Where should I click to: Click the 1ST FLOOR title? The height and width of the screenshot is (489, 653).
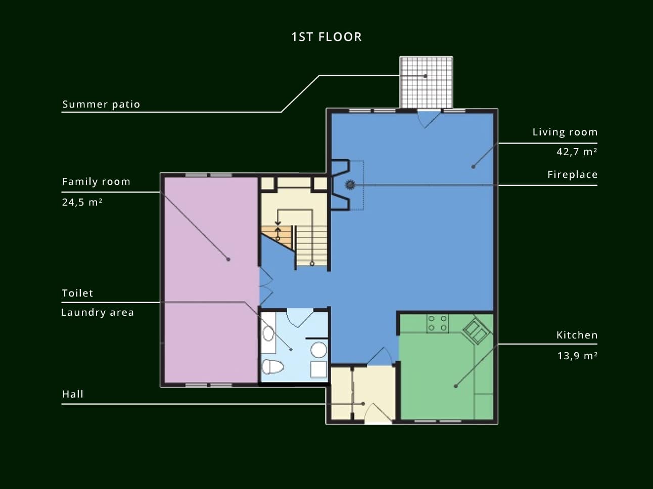click(326, 37)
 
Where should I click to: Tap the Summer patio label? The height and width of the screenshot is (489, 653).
click(101, 105)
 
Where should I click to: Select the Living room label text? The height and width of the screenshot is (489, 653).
click(565, 132)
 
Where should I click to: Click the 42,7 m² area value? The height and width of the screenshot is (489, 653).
click(577, 152)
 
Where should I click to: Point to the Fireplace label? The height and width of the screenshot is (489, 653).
click(572, 174)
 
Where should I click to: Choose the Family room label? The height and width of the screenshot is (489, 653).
click(96, 182)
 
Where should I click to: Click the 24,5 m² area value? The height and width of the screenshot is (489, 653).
click(82, 202)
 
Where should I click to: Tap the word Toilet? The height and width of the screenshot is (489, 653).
click(77, 294)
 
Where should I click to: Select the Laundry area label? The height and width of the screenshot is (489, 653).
click(98, 312)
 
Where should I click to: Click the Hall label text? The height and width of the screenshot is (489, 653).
click(73, 394)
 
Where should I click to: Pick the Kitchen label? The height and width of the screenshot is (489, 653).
click(577, 335)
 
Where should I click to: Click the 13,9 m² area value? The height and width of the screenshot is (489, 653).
click(577, 356)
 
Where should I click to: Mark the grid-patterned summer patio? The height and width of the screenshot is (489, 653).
click(426, 82)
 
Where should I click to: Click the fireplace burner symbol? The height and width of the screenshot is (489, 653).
click(350, 185)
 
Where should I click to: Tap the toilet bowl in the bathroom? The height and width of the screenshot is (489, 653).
click(272, 367)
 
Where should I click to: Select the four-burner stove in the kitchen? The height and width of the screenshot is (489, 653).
click(437, 323)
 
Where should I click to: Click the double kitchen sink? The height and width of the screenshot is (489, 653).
click(477, 331)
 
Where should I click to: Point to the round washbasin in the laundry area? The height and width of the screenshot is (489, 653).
click(318, 350)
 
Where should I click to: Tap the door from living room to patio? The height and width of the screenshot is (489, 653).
click(429, 119)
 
